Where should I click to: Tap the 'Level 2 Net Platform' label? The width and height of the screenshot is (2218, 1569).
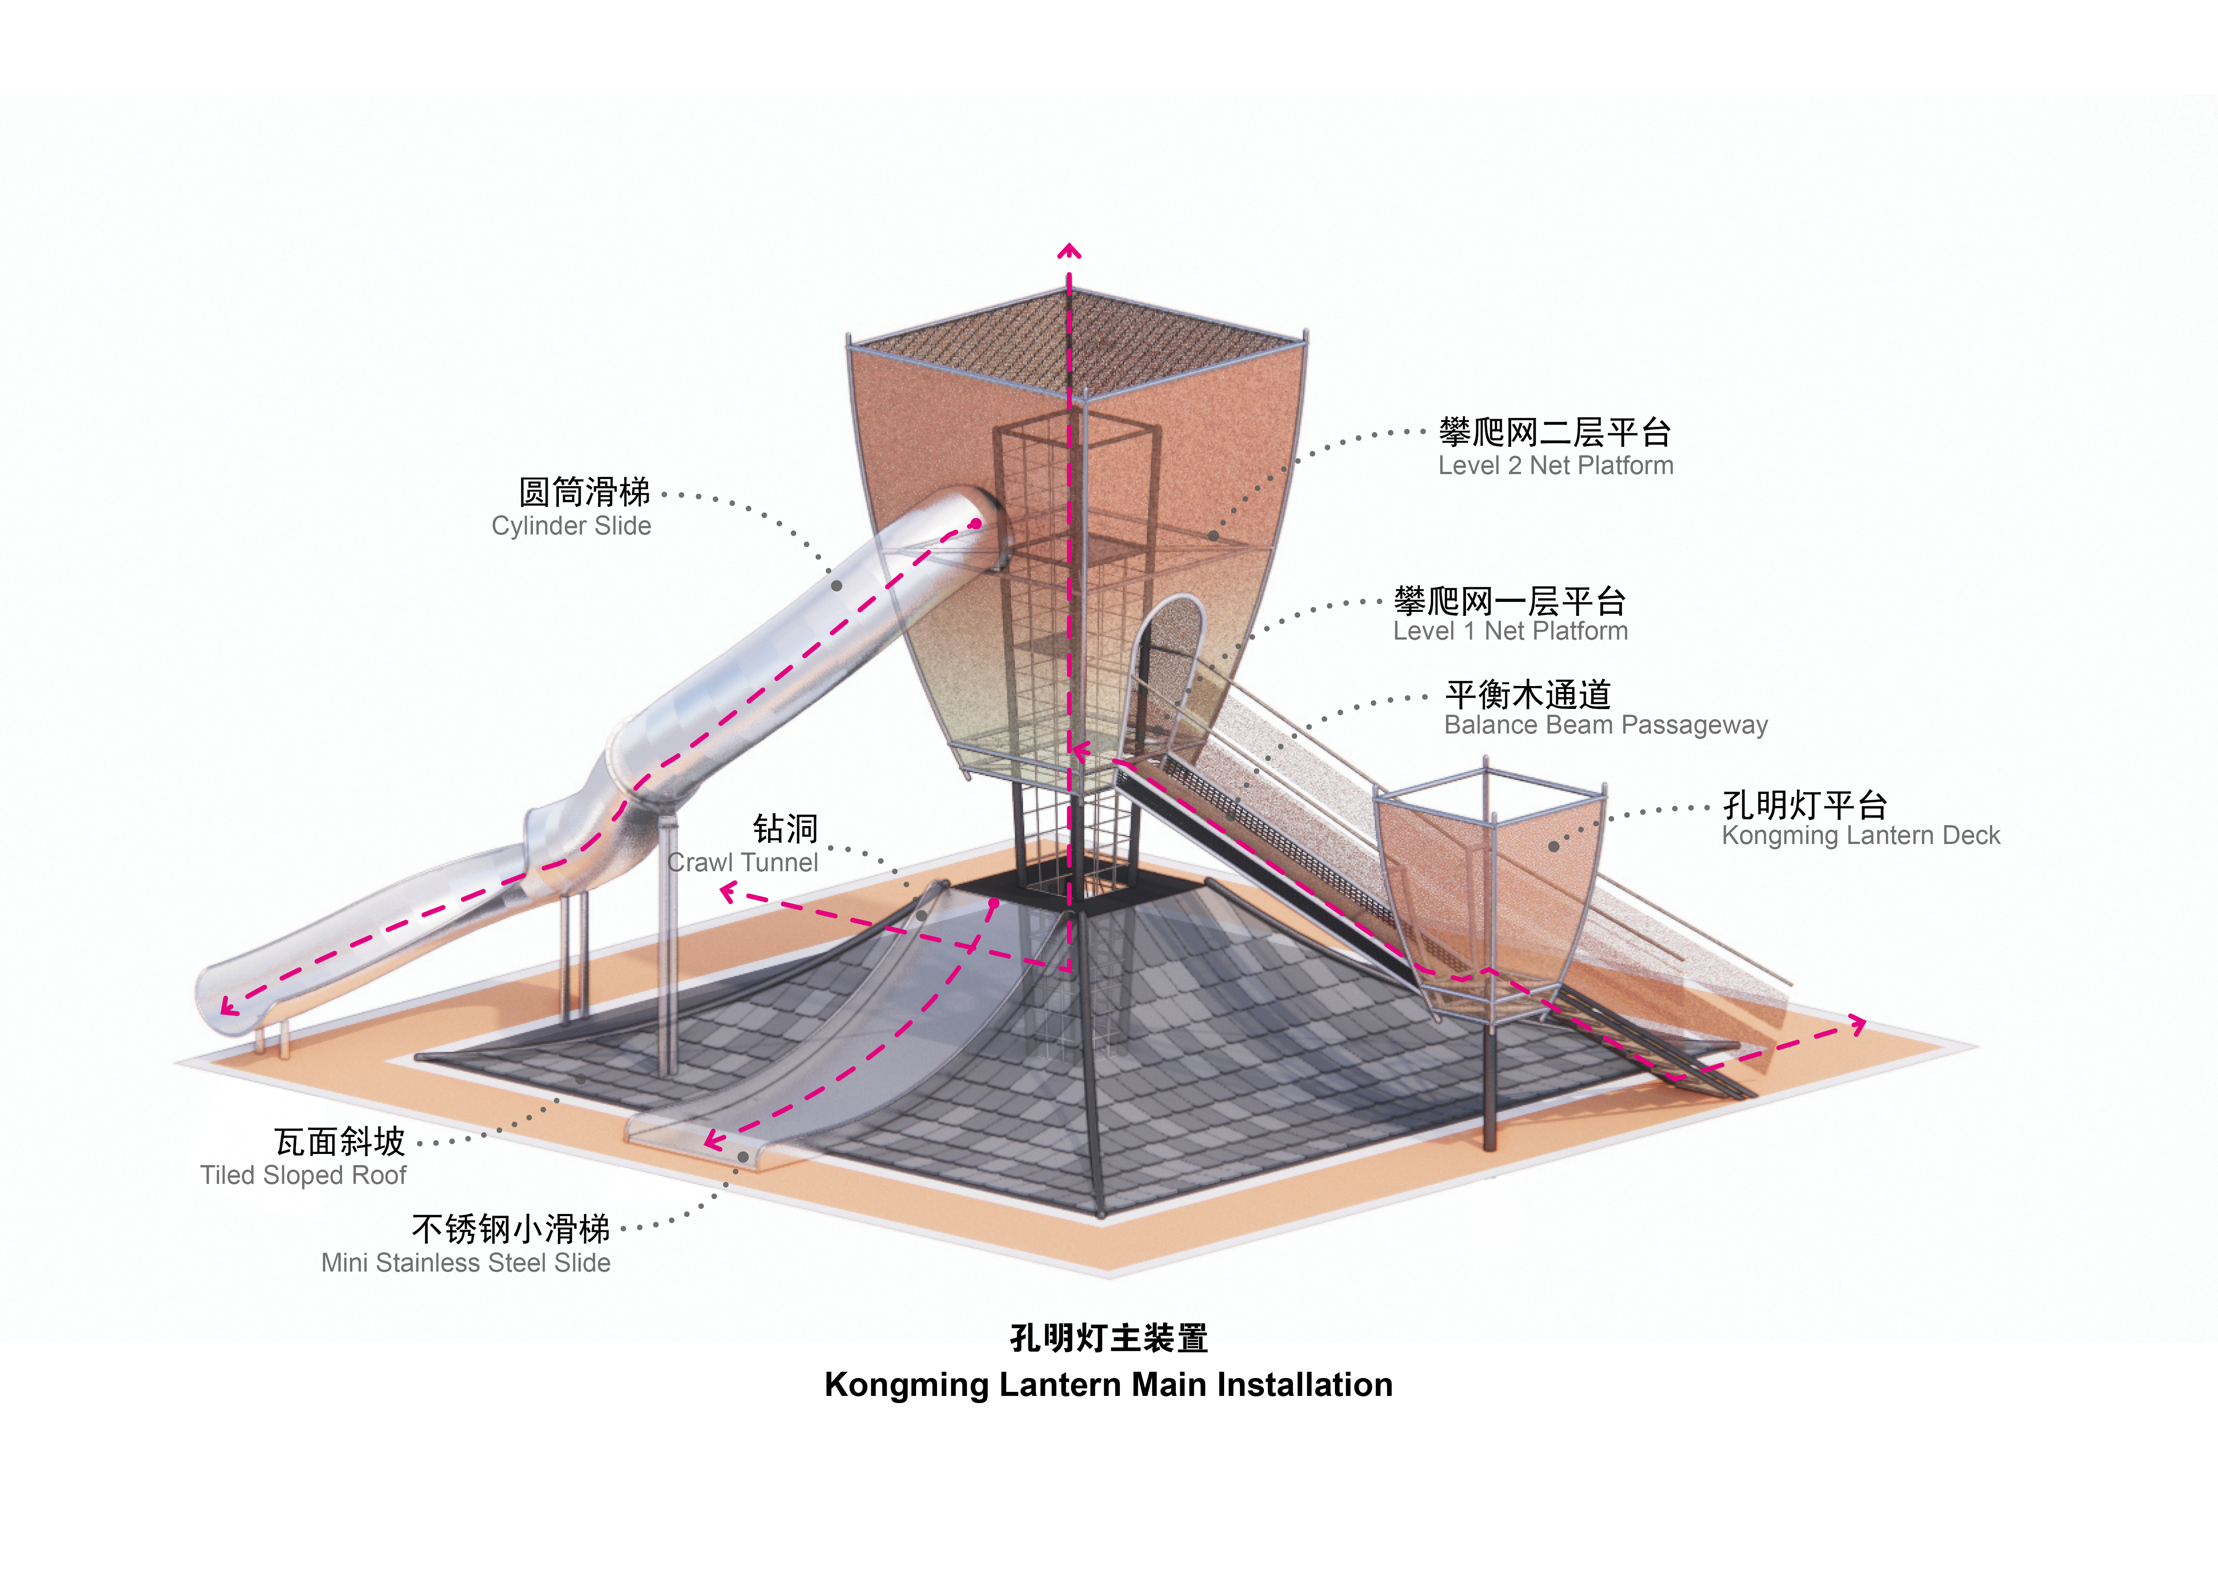(1555, 466)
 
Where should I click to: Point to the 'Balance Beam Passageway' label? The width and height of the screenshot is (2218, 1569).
(1605, 725)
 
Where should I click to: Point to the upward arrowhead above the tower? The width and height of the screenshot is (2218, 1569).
(1069, 252)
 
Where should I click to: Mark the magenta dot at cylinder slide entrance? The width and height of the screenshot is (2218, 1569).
(976, 524)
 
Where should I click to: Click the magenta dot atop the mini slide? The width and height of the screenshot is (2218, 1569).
(993, 903)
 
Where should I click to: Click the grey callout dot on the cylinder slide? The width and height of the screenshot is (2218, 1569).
(837, 585)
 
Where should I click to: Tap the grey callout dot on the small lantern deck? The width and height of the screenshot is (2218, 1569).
(1553, 846)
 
